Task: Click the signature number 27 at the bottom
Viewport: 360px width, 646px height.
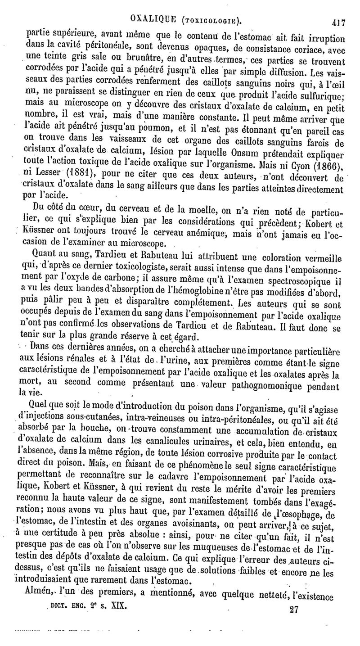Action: click(x=295, y=609)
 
